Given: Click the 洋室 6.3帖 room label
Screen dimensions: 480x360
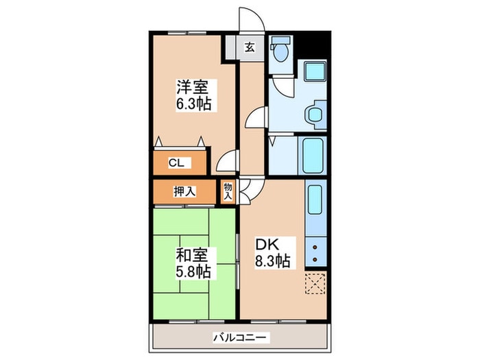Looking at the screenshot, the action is click(x=193, y=95).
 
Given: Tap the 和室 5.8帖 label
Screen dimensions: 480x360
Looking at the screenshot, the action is click(x=193, y=263).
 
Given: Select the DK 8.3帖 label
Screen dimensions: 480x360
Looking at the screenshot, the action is click(x=273, y=253).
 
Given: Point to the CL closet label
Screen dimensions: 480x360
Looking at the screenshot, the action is click(x=176, y=163).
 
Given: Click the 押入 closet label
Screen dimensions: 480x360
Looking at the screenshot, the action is click(x=184, y=191).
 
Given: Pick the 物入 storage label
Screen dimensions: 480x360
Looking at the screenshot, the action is click(x=228, y=192).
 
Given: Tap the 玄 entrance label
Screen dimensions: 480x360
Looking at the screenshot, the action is click(x=250, y=47).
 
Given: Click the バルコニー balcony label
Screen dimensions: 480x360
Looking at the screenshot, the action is click(x=240, y=338).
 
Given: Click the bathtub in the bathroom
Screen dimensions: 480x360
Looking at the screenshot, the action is click(x=313, y=156).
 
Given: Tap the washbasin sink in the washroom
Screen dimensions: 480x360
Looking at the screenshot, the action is click(x=315, y=115).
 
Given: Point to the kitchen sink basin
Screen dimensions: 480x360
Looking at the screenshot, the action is click(x=315, y=200).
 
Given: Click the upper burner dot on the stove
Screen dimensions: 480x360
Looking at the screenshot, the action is click(x=315, y=247).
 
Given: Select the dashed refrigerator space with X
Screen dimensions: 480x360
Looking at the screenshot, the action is click(x=315, y=283).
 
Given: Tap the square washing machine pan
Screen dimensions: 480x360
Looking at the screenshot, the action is click(x=315, y=72).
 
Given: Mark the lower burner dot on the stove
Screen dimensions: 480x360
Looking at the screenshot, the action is click(x=315, y=260).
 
